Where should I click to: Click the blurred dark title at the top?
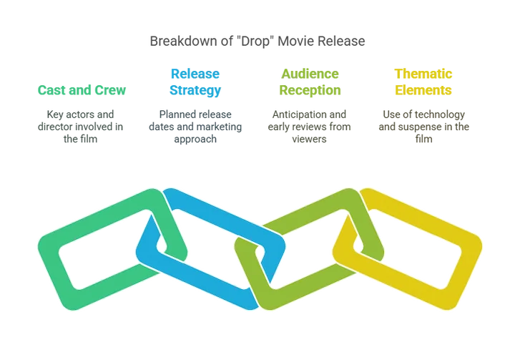(259, 42)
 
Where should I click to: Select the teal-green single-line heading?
(83, 91)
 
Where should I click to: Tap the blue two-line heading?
(195, 82)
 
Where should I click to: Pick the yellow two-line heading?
(423, 82)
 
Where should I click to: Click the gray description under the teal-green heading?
(84, 123)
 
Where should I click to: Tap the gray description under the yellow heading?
(423, 124)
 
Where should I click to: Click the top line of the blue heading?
(195, 74)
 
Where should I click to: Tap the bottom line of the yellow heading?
(423, 91)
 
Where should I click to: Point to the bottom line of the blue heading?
(195, 91)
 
